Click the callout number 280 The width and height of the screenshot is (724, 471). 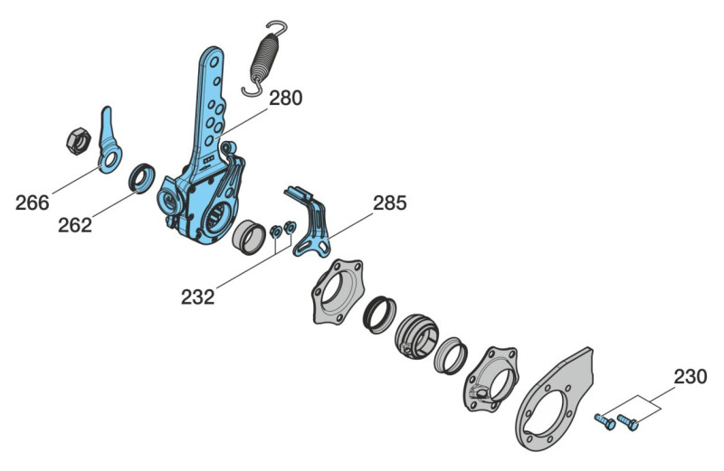[x=285, y=99]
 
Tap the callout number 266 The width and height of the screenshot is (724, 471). [x=33, y=203]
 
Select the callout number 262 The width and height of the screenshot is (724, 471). [x=75, y=225]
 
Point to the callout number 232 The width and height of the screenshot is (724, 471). [x=197, y=297]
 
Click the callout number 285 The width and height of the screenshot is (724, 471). [x=390, y=203]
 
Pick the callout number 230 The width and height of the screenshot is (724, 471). [x=690, y=377]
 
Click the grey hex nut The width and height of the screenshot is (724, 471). [x=79, y=141]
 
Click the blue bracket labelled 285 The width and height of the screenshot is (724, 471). [x=309, y=221]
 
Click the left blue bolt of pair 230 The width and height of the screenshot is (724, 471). [x=605, y=421]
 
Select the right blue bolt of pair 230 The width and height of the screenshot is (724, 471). [x=628, y=422]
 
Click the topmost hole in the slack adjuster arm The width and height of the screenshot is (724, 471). [x=214, y=61]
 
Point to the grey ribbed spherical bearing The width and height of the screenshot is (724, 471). [x=416, y=336]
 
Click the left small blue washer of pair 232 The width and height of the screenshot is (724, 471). [x=276, y=231]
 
